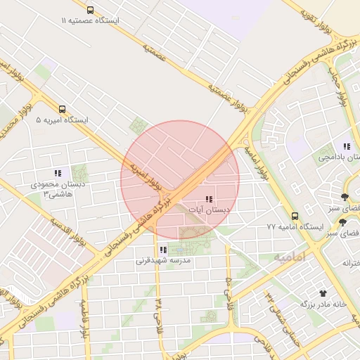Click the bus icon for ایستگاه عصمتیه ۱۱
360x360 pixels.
(90, 10)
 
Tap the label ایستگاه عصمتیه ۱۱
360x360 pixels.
(90, 21)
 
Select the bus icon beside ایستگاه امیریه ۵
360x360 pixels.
(63, 109)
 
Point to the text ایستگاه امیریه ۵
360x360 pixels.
(63, 120)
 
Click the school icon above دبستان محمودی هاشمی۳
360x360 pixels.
(58, 173)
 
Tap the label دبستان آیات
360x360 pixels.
(208, 210)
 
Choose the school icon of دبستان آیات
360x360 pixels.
(209, 199)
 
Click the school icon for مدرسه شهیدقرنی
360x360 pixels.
(163, 250)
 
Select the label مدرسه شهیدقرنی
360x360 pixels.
(163, 260)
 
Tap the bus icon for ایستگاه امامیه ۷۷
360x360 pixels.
(295, 217)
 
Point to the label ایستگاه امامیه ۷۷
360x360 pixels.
(294, 227)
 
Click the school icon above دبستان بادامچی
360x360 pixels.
(347, 146)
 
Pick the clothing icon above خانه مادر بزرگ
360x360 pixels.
(323, 292)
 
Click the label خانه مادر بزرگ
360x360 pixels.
(323, 304)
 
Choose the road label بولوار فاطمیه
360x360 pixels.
(84, 321)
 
